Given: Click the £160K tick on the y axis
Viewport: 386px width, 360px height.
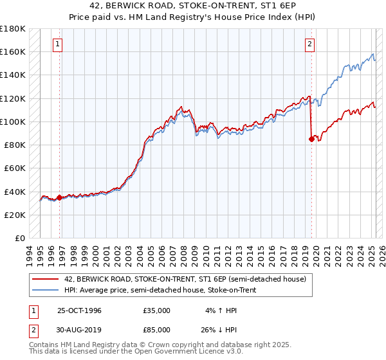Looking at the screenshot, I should point(14,51).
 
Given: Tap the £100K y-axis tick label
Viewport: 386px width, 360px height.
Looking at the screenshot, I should point(14,122).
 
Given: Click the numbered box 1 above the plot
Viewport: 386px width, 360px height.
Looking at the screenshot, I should point(58,44).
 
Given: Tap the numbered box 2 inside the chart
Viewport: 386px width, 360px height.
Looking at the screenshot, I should point(309,44).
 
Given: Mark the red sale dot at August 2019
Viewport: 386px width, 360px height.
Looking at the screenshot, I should point(311,138).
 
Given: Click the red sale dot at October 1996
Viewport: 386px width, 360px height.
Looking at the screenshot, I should point(60,197).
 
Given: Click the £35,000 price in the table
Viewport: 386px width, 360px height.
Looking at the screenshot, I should point(156,310).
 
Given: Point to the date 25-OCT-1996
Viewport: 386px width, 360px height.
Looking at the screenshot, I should point(79,310).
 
